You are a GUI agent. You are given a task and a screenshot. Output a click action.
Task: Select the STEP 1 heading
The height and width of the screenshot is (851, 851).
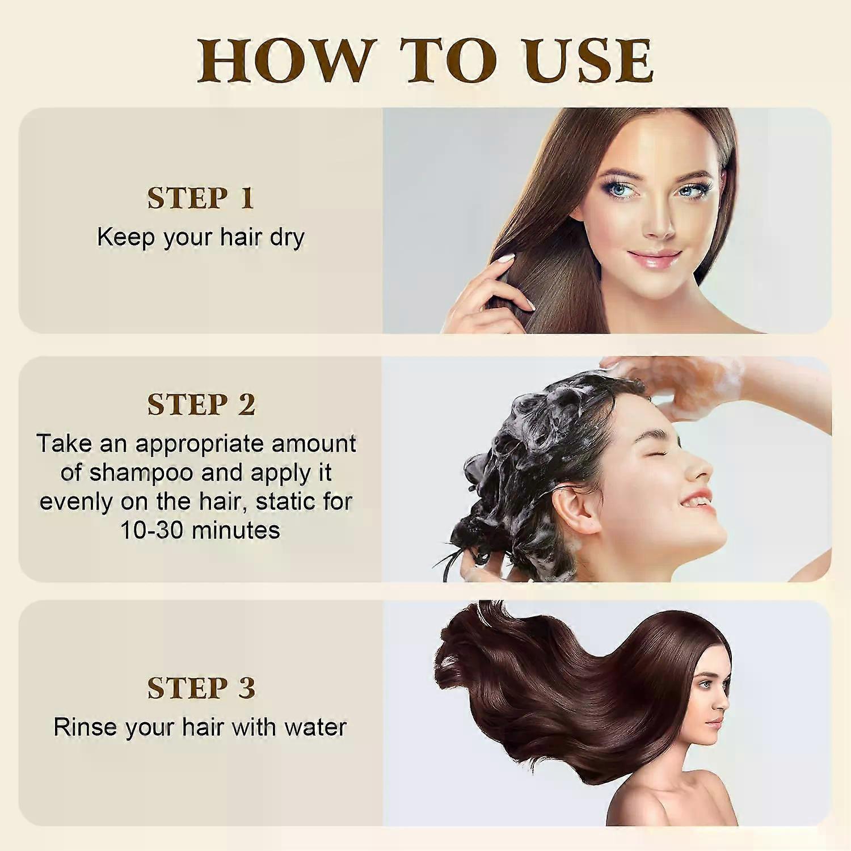tap(200, 198)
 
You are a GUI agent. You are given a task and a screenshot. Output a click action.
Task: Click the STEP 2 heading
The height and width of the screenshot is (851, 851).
tap(201, 405)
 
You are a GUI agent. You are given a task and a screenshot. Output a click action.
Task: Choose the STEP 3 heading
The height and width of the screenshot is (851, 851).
tap(201, 688)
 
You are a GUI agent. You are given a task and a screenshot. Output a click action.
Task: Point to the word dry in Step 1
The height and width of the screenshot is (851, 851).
tap(287, 238)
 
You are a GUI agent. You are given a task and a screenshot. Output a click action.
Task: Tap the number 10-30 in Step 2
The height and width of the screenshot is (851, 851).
tap(153, 530)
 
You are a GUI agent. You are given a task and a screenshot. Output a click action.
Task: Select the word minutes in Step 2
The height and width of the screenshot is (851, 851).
tap(236, 530)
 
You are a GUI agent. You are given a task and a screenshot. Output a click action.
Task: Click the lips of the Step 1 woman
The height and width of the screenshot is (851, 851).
tap(654, 258)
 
